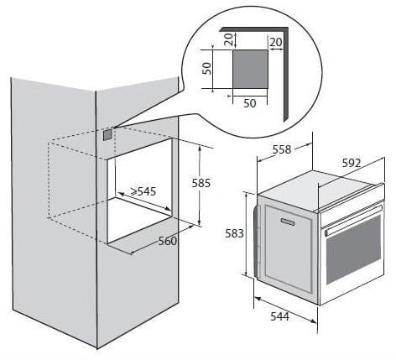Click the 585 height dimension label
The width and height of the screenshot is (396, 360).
click(x=201, y=183)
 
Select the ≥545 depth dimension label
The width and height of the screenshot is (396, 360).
click(x=143, y=191)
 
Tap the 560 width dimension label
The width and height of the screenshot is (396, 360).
click(x=168, y=241)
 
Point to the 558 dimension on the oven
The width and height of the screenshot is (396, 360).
click(x=282, y=149)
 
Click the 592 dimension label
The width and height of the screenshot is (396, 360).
click(x=352, y=163)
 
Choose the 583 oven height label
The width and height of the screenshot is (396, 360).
click(x=234, y=233)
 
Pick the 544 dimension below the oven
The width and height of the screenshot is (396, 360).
click(x=279, y=316)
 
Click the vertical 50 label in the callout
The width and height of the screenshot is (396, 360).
click(x=207, y=68)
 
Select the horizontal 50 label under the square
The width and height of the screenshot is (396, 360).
click(x=250, y=103)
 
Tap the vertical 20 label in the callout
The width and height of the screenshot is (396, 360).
click(x=229, y=39)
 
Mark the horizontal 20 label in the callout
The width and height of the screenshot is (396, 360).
click(x=276, y=42)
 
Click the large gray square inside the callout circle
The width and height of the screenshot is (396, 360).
click(x=250, y=69)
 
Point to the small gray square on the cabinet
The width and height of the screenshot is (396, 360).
click(x=107, y=134)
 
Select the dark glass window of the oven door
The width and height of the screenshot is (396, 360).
click(x=354, y=249)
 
